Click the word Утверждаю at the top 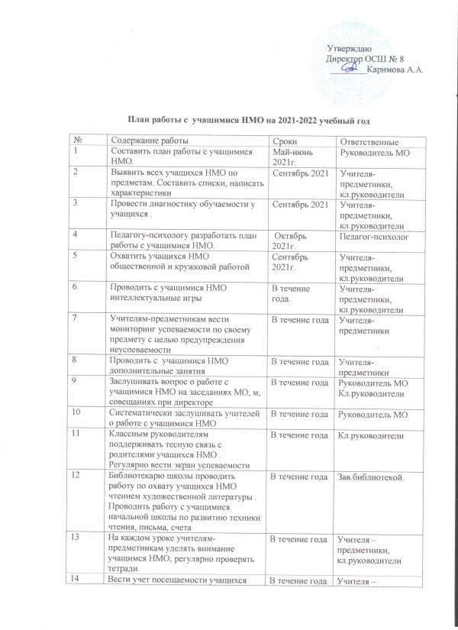click(x=354, y=50)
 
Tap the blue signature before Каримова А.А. click(x=349, y=69)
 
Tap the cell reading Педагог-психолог click(x=369, y=237)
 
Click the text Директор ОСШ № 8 click(x=364, y=59)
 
